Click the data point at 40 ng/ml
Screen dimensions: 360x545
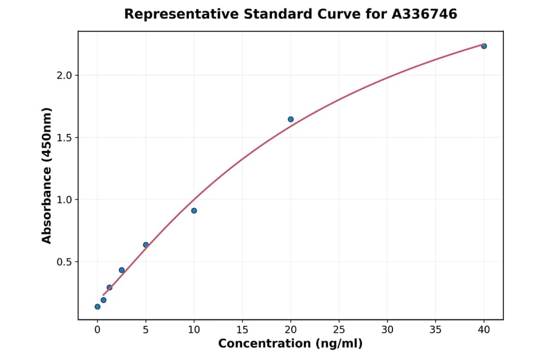click(484, 46)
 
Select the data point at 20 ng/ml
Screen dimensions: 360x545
click(291, 119)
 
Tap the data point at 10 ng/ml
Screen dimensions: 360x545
click(194, 211)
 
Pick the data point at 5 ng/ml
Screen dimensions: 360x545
click(146, 245)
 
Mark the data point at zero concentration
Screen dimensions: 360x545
click(97, 307)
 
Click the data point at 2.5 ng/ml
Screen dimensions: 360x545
click(122, 270)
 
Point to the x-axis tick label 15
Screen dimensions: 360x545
click(242, 330)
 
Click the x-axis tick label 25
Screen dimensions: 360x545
click(339, 330)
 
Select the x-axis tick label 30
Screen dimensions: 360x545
click(388, 330)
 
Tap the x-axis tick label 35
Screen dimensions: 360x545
click(435, 330)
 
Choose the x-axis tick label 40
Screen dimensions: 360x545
click(484, 330)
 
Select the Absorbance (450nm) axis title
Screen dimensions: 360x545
click(47, 175)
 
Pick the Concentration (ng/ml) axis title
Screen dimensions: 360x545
click(291, 344)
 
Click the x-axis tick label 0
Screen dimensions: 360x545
click(97, 330)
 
